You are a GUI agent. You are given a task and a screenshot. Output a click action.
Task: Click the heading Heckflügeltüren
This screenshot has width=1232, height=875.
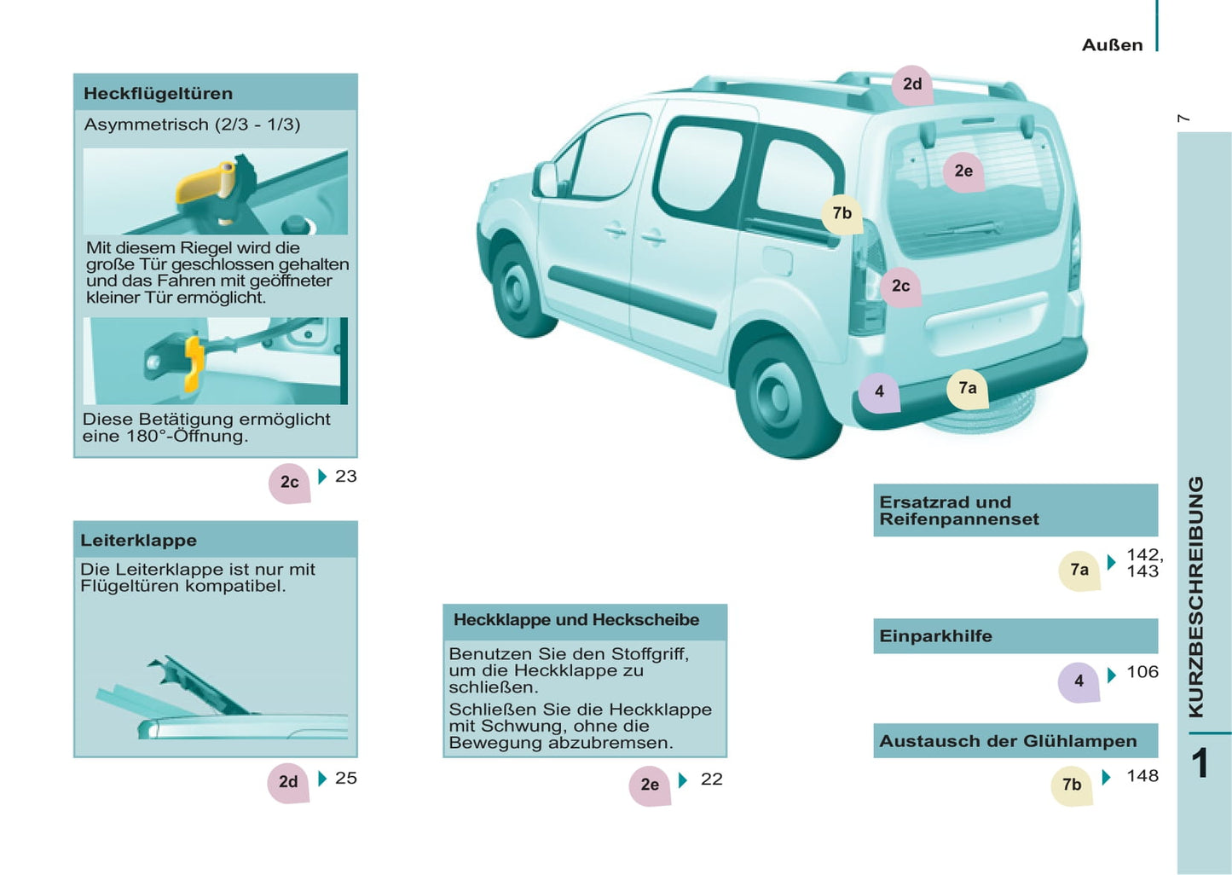158,94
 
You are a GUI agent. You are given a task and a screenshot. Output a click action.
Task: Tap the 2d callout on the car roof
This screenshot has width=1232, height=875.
912,84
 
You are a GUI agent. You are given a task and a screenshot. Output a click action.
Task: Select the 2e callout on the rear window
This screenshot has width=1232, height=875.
963,171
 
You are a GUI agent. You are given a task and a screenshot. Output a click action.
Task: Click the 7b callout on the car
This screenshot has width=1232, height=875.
842,213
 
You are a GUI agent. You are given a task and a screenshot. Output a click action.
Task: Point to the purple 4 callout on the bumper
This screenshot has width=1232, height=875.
879,391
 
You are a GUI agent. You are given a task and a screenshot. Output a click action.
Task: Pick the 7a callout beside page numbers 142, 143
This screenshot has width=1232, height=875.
1079,571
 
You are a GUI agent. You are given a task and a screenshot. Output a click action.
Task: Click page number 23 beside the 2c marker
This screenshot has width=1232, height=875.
346,477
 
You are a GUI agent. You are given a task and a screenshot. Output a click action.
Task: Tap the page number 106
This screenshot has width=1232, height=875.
1142,672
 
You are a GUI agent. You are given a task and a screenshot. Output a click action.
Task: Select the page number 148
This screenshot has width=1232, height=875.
1142,776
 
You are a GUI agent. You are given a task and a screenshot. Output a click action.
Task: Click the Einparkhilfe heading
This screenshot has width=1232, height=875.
935,636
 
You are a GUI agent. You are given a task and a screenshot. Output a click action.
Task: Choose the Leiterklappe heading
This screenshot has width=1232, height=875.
139,541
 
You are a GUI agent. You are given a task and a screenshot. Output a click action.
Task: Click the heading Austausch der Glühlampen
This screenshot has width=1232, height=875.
1008,741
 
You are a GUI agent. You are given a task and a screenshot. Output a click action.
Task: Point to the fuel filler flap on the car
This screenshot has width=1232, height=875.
778,262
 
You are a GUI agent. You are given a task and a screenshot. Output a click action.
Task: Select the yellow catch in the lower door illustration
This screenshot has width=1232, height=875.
193,365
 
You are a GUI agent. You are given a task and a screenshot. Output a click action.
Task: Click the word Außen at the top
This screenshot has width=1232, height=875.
1112,45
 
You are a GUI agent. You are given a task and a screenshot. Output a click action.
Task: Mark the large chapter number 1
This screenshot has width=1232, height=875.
1200,763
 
